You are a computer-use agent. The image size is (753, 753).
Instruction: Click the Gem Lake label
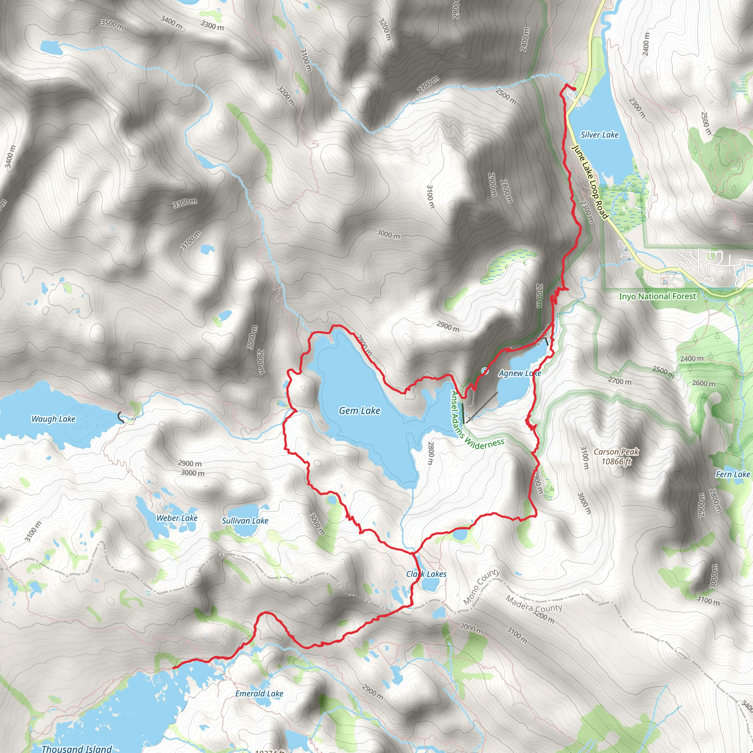(359, 410)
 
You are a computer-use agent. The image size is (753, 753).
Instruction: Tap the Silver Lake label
(599, 135)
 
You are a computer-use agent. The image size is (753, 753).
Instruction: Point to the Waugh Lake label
(53, 419)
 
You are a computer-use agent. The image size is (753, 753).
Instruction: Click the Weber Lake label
(177, 518)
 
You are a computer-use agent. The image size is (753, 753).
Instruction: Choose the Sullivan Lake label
(245, 521)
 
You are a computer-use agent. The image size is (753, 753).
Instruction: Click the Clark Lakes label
(427, 574)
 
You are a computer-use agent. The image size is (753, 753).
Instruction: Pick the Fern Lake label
(733, 474)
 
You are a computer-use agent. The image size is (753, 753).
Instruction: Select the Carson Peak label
(616, 452)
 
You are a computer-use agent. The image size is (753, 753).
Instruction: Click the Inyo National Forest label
(657, 296)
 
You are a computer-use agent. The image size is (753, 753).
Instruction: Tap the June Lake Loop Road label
(589, 182)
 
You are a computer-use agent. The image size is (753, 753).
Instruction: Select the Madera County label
(534, 604)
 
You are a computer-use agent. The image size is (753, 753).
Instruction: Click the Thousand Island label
(77, 749)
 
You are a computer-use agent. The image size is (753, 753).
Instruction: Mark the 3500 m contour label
(112, 25)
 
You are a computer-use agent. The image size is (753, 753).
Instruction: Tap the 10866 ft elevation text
(616, 461)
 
